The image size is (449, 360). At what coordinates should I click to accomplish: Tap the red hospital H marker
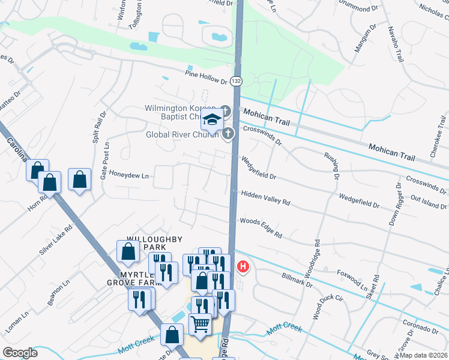(243, 266)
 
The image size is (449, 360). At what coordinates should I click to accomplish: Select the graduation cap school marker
(212, 119)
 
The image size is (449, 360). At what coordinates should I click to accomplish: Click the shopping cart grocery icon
(200, 323)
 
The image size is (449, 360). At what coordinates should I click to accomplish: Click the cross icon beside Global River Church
(228, 134)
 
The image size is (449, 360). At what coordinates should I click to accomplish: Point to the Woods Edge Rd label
(261, 227)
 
